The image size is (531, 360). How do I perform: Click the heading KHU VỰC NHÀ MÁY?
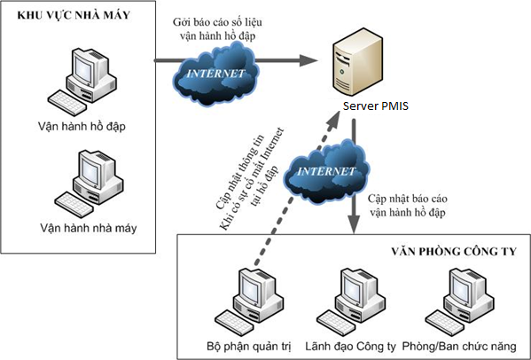(74, 15)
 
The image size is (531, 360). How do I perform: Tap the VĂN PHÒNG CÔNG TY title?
(454, 252)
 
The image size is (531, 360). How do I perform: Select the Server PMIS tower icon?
(357, 62)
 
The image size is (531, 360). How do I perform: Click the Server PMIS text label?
(376, 106)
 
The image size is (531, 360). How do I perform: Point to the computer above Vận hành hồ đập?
(82, 82)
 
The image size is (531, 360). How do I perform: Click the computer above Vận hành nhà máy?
(89, 184)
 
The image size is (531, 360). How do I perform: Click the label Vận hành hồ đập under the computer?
(82, 127)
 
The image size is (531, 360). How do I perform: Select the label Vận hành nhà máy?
(89, 228)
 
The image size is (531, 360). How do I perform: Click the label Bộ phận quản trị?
(249, 347)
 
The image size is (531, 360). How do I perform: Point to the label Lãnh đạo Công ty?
(350, 347)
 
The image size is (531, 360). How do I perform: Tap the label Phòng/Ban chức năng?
(459, 347)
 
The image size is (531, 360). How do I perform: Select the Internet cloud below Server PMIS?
(326, 171)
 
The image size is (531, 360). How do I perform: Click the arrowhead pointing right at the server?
(308, 60)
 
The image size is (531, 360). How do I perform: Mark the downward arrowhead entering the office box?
(354, 224)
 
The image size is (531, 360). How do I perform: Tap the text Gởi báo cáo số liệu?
(217, 22)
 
